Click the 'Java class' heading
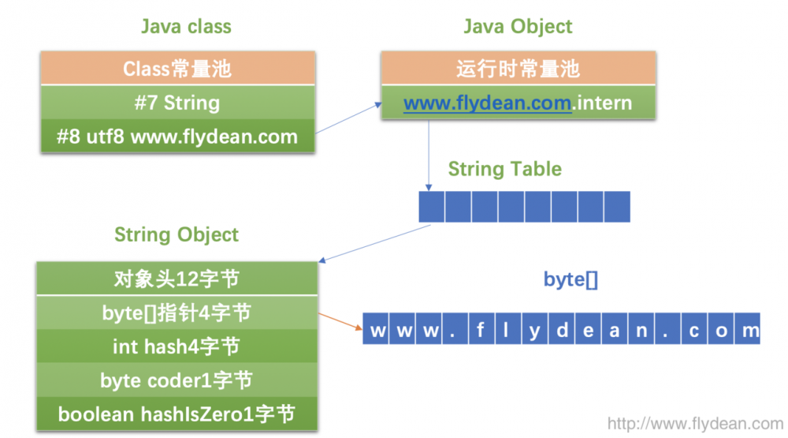[186, 26]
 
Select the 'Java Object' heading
[518, 26]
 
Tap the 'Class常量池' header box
[177, 69]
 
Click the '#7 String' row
[177, 103]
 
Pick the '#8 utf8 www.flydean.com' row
[177, 137]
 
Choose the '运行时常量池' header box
[518, 69]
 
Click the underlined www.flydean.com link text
[487, 103]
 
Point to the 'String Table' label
[504, 169]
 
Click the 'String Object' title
[177, 234]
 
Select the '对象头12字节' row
[177, 279]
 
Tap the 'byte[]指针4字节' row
[177, 313]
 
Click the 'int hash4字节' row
[177, 346]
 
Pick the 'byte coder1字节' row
[177, 380]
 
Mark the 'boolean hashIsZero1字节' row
[177, 414]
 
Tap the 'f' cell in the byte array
[480, 329]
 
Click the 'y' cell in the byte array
[535, 329]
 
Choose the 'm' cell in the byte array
[747, 329]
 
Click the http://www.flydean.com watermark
[695, 424]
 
